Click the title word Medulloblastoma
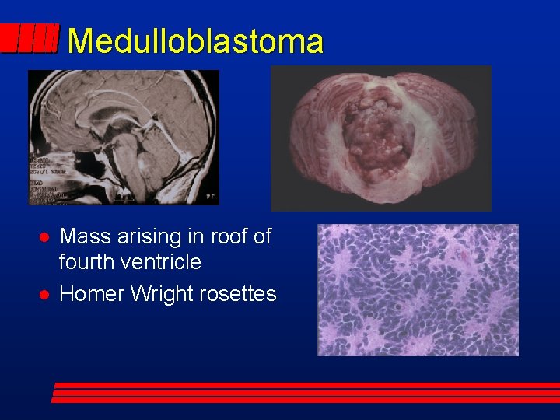pos(194,41)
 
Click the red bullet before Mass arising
pos(45,237)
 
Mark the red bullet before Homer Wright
pos(45,295)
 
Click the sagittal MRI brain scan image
pos(124,138)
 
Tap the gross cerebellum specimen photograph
pos(380,138)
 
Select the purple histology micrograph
pos(418,289)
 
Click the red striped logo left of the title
pos(30,38)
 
